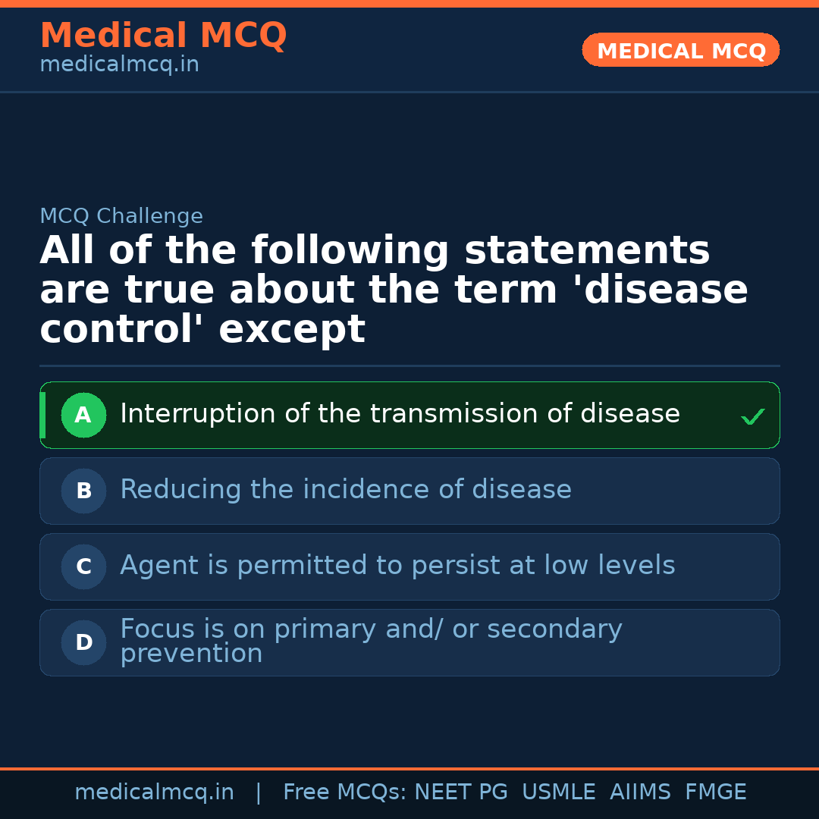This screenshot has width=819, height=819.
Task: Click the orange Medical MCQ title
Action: pos(163,36)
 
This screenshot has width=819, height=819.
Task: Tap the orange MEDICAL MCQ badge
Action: pos(680,51)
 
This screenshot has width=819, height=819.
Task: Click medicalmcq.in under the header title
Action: pos(119,65)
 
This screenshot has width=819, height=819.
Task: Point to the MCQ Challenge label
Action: pos(121,216)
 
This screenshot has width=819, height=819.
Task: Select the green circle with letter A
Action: pos(83,415)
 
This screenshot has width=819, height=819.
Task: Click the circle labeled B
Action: pos(83,491)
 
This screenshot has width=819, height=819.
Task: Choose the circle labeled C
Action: pos(83,566)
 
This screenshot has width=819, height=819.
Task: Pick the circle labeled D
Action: pos(83,642)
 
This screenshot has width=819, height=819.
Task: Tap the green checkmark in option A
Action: pos(752,416)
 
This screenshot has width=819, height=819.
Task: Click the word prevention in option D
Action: pos(191,654)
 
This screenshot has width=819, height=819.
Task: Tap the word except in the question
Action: pos(292,330)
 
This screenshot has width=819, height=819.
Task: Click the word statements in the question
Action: pos(587,251)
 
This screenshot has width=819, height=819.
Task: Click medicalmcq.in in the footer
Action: pos(154,792)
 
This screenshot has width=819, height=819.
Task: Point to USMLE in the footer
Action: pos(559,792)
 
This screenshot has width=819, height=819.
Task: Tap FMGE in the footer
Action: pos(716,792)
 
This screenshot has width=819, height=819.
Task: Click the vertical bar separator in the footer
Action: pos(259,792)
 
